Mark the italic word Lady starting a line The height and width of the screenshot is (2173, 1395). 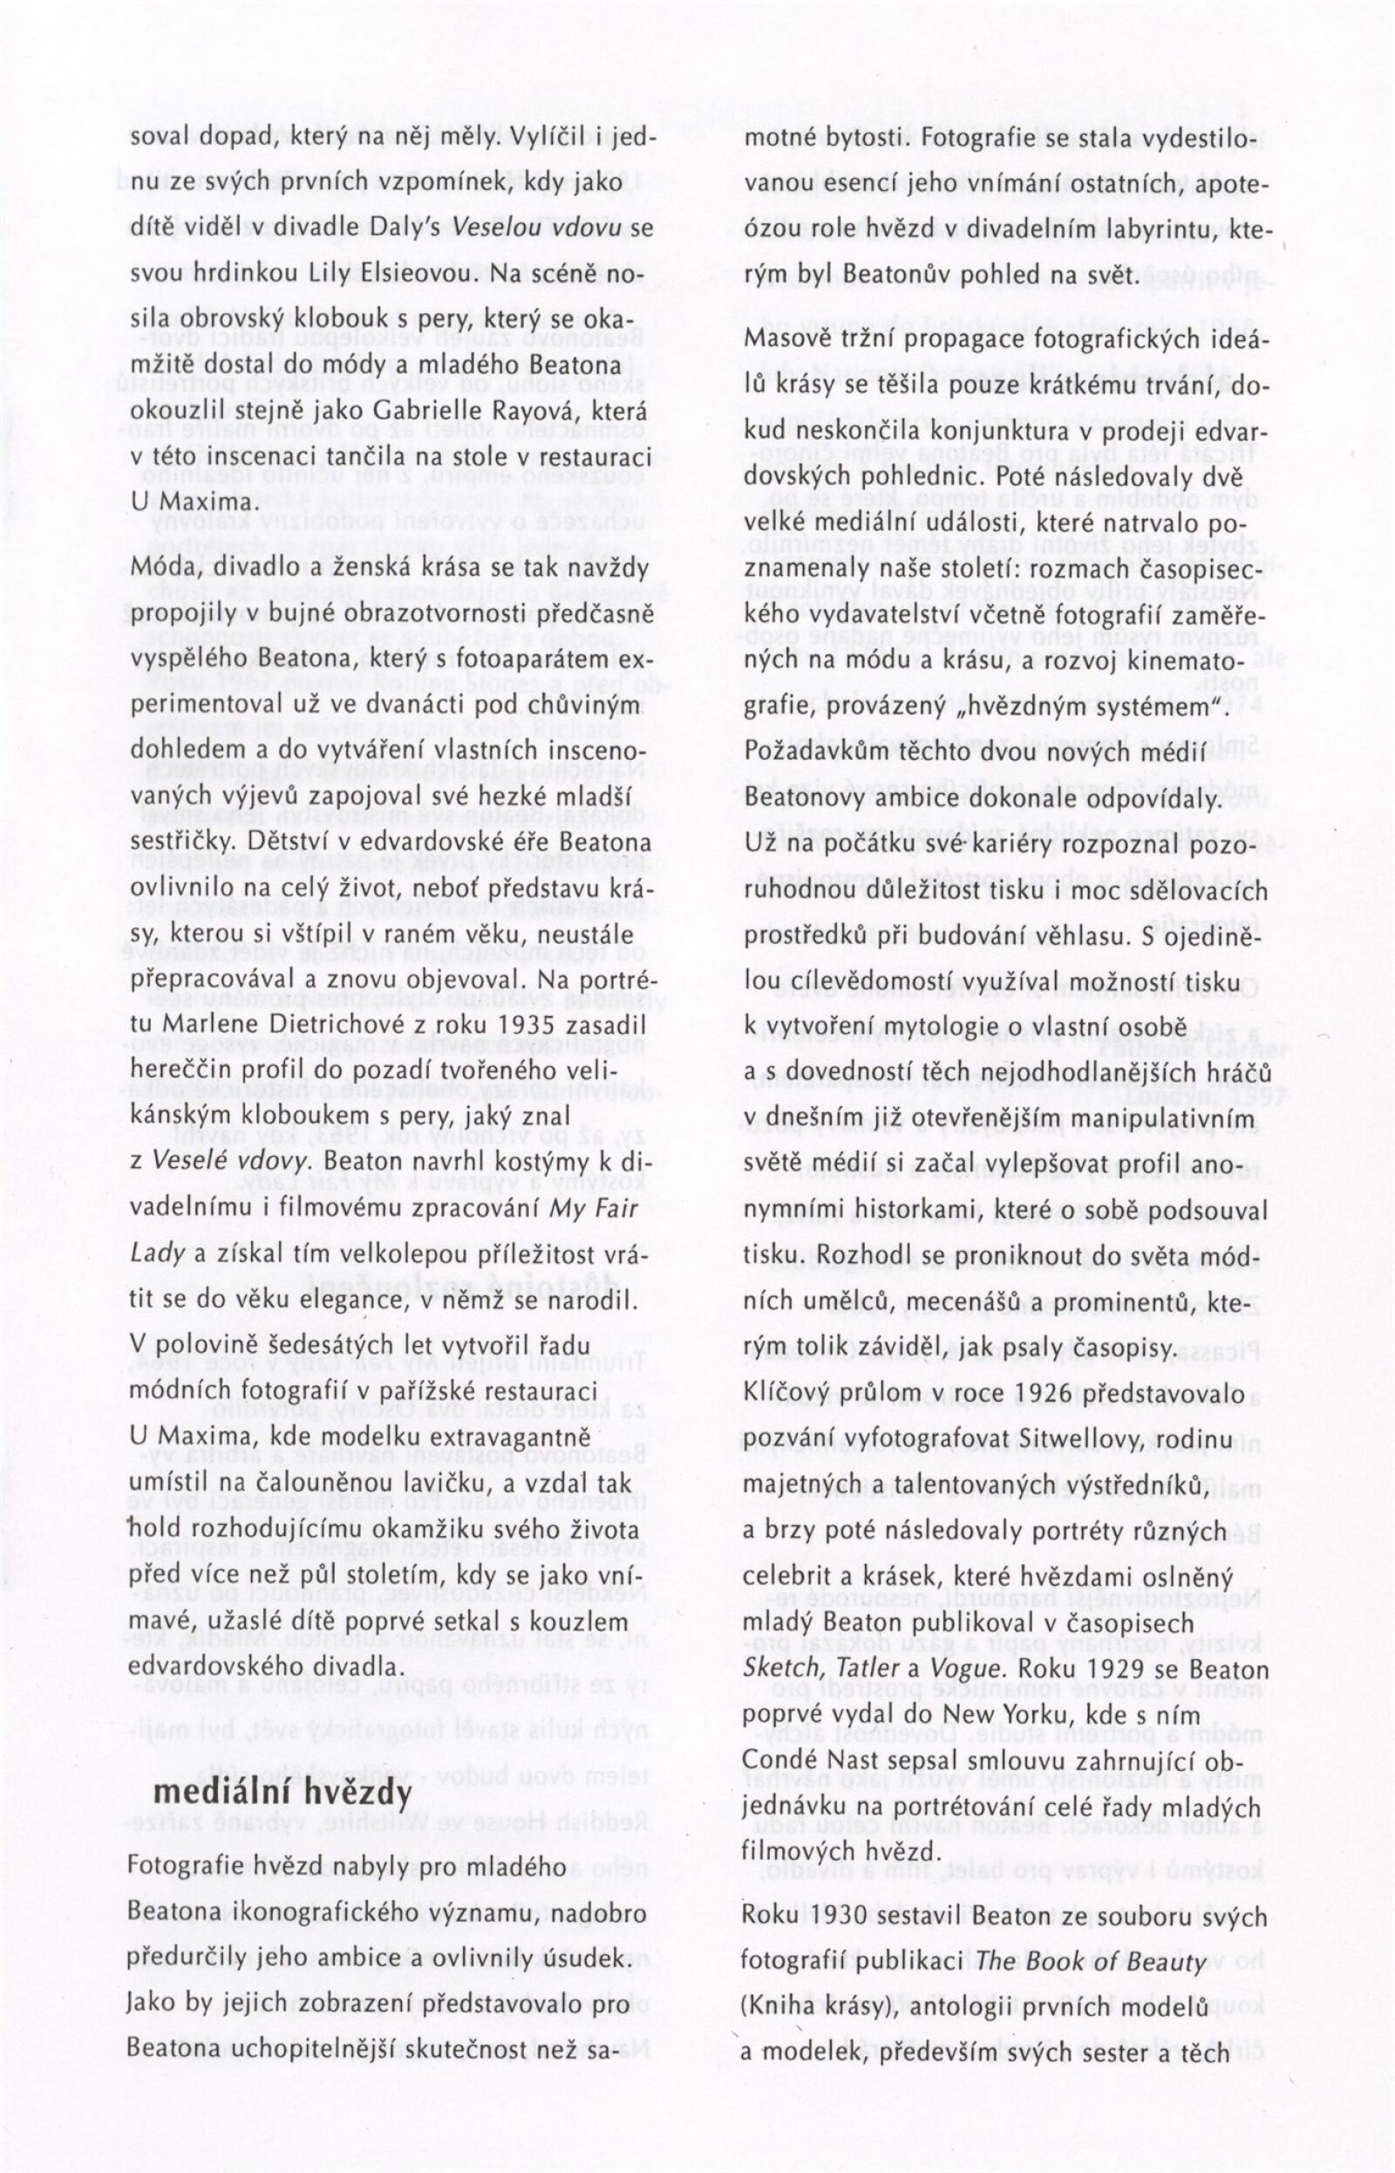158,1254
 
